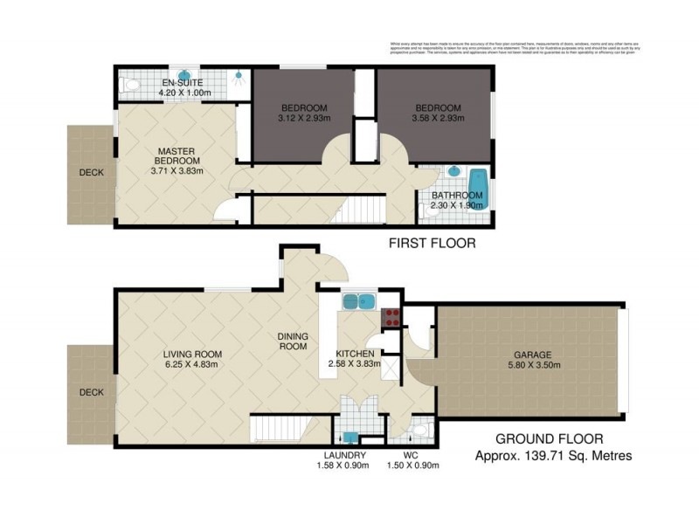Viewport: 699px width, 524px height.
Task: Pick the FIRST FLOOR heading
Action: (432, 244)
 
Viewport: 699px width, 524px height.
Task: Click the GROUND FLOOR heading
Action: (549, 439)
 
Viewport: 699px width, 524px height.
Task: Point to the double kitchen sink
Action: (358, 302)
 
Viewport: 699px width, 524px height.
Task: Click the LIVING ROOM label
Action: (192, 354)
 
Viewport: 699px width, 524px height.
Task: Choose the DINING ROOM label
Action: (292, 341)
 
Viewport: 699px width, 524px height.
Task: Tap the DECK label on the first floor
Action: (91, 173)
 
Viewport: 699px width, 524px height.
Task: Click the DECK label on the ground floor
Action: (91, 393)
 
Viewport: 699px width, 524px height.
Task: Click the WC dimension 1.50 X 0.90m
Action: (415, 465)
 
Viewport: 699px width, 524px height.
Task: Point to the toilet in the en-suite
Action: (130, 84)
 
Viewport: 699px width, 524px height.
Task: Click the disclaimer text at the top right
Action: (514, 48)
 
